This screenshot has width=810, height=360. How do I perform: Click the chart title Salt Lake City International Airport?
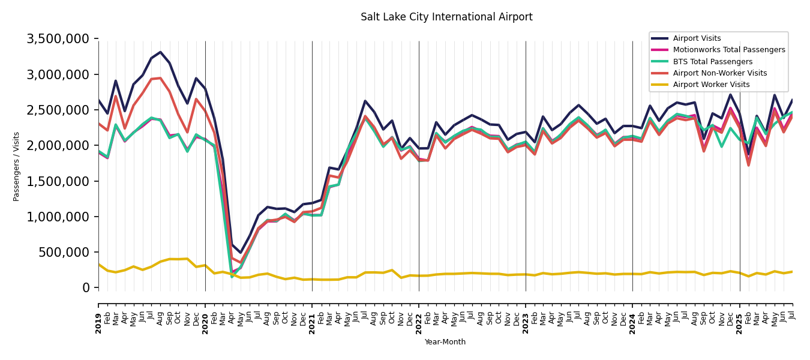pos(446,17)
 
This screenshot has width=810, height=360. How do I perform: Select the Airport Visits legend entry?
pos(697,38)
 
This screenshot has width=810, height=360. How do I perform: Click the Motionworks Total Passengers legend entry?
pos(728,50)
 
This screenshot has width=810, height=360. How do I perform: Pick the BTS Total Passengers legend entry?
pos(712,62)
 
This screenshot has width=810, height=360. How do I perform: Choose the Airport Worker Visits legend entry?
pos(711,85)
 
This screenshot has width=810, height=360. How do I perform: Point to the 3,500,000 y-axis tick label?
pos(58,39)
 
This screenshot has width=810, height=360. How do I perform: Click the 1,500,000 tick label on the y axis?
pos(58,181)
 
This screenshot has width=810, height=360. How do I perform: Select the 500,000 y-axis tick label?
pos(62,253)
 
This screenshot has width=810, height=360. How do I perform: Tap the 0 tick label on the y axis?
pos(86,288)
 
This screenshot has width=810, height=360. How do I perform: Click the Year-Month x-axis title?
pos(445,342)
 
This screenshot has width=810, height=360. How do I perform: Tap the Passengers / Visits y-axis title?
pos(17,166)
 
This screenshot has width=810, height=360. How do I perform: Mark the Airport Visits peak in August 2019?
pos(160,52)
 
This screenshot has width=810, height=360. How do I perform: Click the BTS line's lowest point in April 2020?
pos(232,277)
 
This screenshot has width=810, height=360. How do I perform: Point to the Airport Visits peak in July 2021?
pos(365,101)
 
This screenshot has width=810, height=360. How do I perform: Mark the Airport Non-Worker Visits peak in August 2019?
pos(160,78)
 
